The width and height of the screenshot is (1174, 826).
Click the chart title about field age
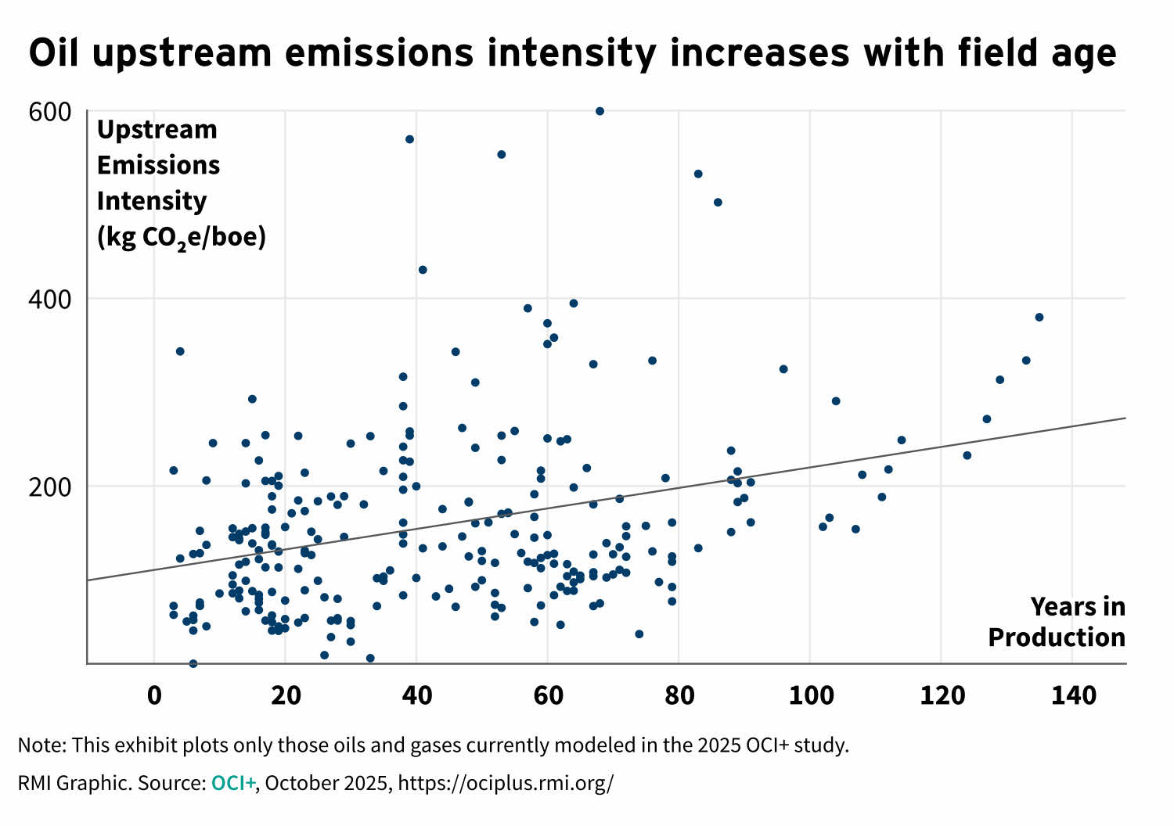[x=572, y=53]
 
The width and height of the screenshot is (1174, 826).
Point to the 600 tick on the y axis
[x=50, y=112]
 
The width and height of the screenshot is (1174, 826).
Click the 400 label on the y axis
[x=50, y=300]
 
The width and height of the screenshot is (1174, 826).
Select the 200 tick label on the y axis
[x=50, y=487]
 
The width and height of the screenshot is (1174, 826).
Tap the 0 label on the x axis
[x=154, y=695]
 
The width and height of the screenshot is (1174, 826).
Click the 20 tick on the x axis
[x=286, y=695]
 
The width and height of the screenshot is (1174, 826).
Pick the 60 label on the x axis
[x=548, y=695]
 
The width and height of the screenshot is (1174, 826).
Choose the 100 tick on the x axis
[x=811, y=695]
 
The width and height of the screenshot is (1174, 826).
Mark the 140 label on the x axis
[x=1073, y=695]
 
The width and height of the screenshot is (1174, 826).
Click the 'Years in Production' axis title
[x=1057, y=623]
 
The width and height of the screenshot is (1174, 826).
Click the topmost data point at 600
[x=600, y=111]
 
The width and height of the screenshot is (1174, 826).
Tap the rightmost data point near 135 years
[x=1039, y=317]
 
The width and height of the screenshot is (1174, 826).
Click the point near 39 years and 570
[x=409, y=139]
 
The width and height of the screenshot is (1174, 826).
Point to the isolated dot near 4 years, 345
[x=180, y=351]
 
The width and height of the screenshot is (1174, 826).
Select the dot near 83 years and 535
[x=698, y=174]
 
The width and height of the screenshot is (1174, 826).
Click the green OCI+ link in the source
[x=233, y=783]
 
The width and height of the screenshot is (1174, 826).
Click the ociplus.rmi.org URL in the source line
[x=506, y=783]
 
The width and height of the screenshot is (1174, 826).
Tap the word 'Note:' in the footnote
[x=41, y=745]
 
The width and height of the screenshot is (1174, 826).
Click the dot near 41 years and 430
[x=423, y=270]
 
